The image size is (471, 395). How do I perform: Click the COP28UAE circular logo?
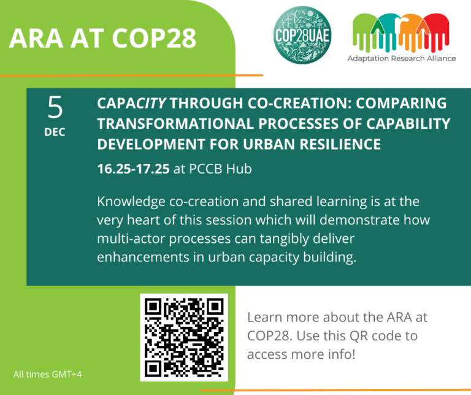[301, 35]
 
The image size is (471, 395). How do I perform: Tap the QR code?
[184, 337]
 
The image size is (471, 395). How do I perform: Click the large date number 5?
[55, 109]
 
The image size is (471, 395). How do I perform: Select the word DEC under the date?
[55, 132]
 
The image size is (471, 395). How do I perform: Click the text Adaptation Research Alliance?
[402, 58]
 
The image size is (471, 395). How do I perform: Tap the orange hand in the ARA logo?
[410, 34]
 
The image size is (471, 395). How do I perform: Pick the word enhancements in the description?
[141, 256]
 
